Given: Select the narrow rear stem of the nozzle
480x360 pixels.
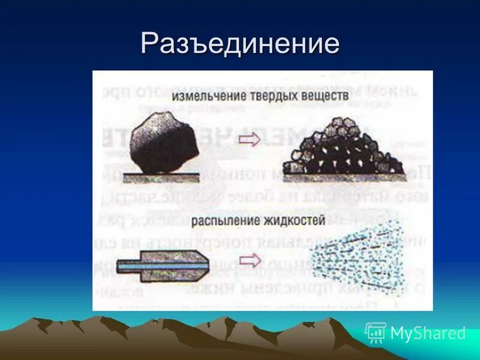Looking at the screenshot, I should pos(128,264).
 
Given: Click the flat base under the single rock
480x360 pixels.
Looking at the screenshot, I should pos(161,177).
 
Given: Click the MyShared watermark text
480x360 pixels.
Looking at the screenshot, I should pos(427,333).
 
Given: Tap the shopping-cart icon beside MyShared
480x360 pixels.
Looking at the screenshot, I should pos(376,332).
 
